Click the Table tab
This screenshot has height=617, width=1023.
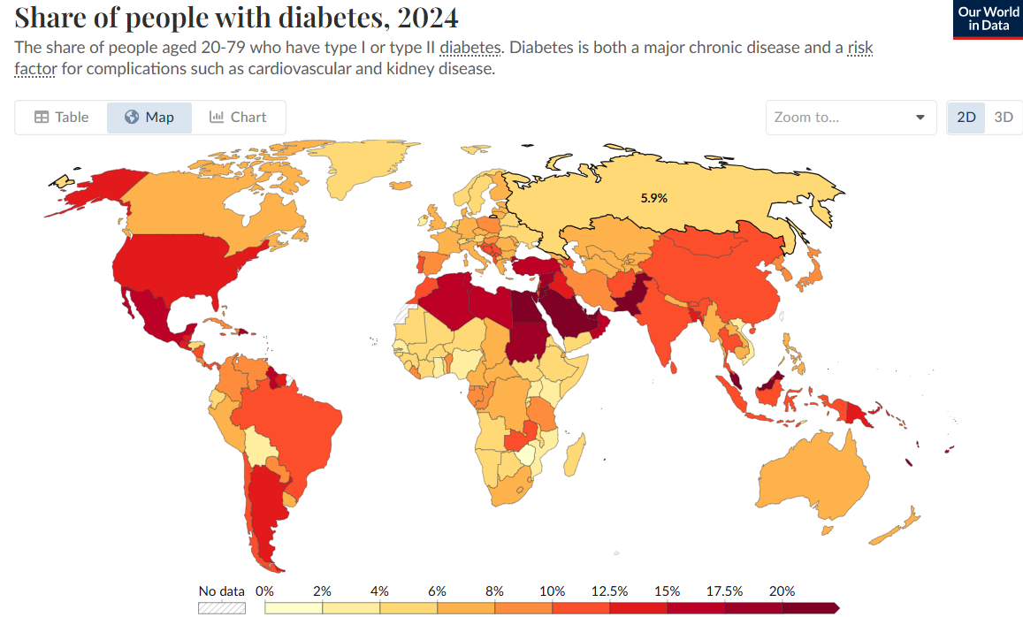coord(62,117)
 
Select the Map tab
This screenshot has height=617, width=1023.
coord(149,117)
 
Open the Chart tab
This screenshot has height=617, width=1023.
coord(238,117)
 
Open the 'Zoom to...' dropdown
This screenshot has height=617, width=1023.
coord(850,117)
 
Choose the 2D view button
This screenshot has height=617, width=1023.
coord(966,117)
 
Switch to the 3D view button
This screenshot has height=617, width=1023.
coord(1004,117)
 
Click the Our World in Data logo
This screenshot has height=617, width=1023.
coord(988,19)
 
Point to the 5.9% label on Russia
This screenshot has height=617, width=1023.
coord(653,199)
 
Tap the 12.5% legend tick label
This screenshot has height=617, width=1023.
coord(610,590)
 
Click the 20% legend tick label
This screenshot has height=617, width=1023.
coord(782,590)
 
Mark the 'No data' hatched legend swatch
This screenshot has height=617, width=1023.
coord(221,608)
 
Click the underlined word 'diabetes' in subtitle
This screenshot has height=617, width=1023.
coord(470,47)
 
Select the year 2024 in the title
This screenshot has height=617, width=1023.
coord(428,18)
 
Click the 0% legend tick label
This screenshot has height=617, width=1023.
coord(264,590)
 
